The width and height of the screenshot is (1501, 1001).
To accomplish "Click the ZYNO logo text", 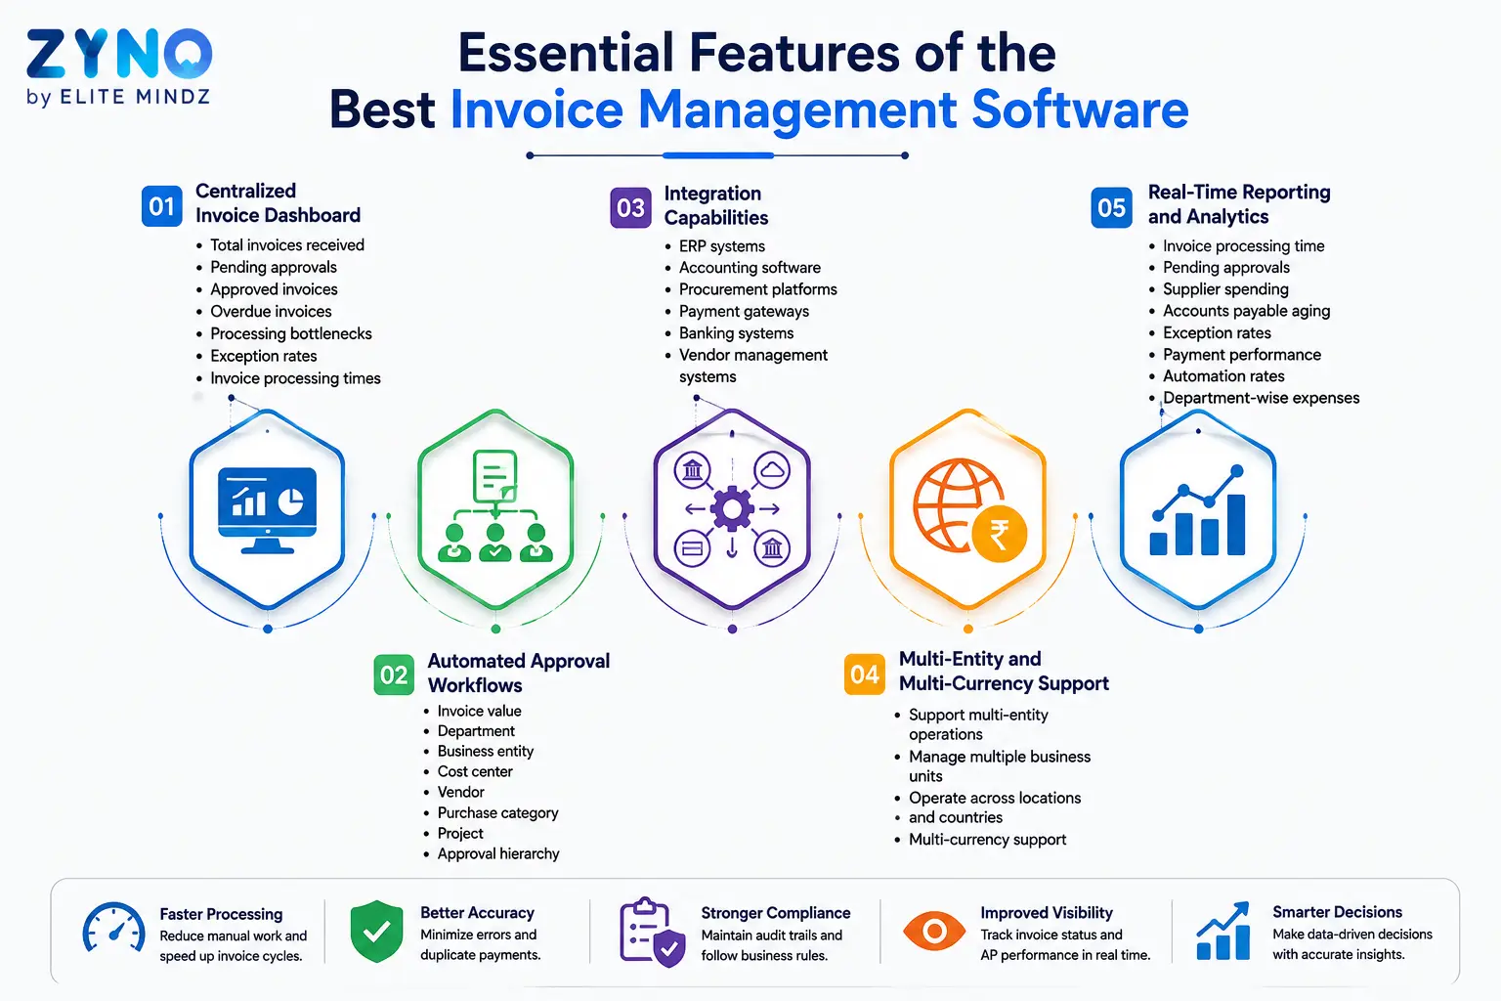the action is tap(119, 54).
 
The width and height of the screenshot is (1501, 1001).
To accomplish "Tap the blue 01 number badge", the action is tap(161, 206).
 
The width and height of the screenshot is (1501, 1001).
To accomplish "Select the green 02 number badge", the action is tap(394, 675).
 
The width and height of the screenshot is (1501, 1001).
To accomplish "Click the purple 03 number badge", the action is tap(630, 208).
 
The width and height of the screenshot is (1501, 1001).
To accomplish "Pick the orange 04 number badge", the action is tap(865, 674).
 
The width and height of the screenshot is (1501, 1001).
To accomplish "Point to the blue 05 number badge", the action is tap(1112, 207).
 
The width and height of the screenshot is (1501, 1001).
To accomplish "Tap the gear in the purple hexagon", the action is tap(732, 509).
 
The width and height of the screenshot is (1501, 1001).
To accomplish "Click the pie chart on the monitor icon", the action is tap(291, 501).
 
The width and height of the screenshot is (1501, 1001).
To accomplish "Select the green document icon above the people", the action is tap(495, 476).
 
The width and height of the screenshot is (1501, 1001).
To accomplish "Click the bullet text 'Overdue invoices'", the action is tap(271, 311).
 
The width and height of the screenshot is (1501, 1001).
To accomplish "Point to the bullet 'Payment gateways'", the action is tap(744, 311).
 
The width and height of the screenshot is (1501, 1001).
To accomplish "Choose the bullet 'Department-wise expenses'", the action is tap(1262, 398).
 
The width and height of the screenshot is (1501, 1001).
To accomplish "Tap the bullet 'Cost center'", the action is tap(475, 771).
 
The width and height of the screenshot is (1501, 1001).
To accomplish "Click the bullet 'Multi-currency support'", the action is tap(987, 840).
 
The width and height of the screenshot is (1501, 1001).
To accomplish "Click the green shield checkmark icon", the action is tap(376, 932).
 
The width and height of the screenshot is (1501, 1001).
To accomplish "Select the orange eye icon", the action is tap(934, 931).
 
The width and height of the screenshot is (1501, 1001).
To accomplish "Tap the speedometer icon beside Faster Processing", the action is tap(113, 929).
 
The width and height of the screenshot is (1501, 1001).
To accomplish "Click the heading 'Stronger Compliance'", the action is tap(775, 913).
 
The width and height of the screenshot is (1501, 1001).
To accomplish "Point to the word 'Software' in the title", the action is tap(1080, 109).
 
